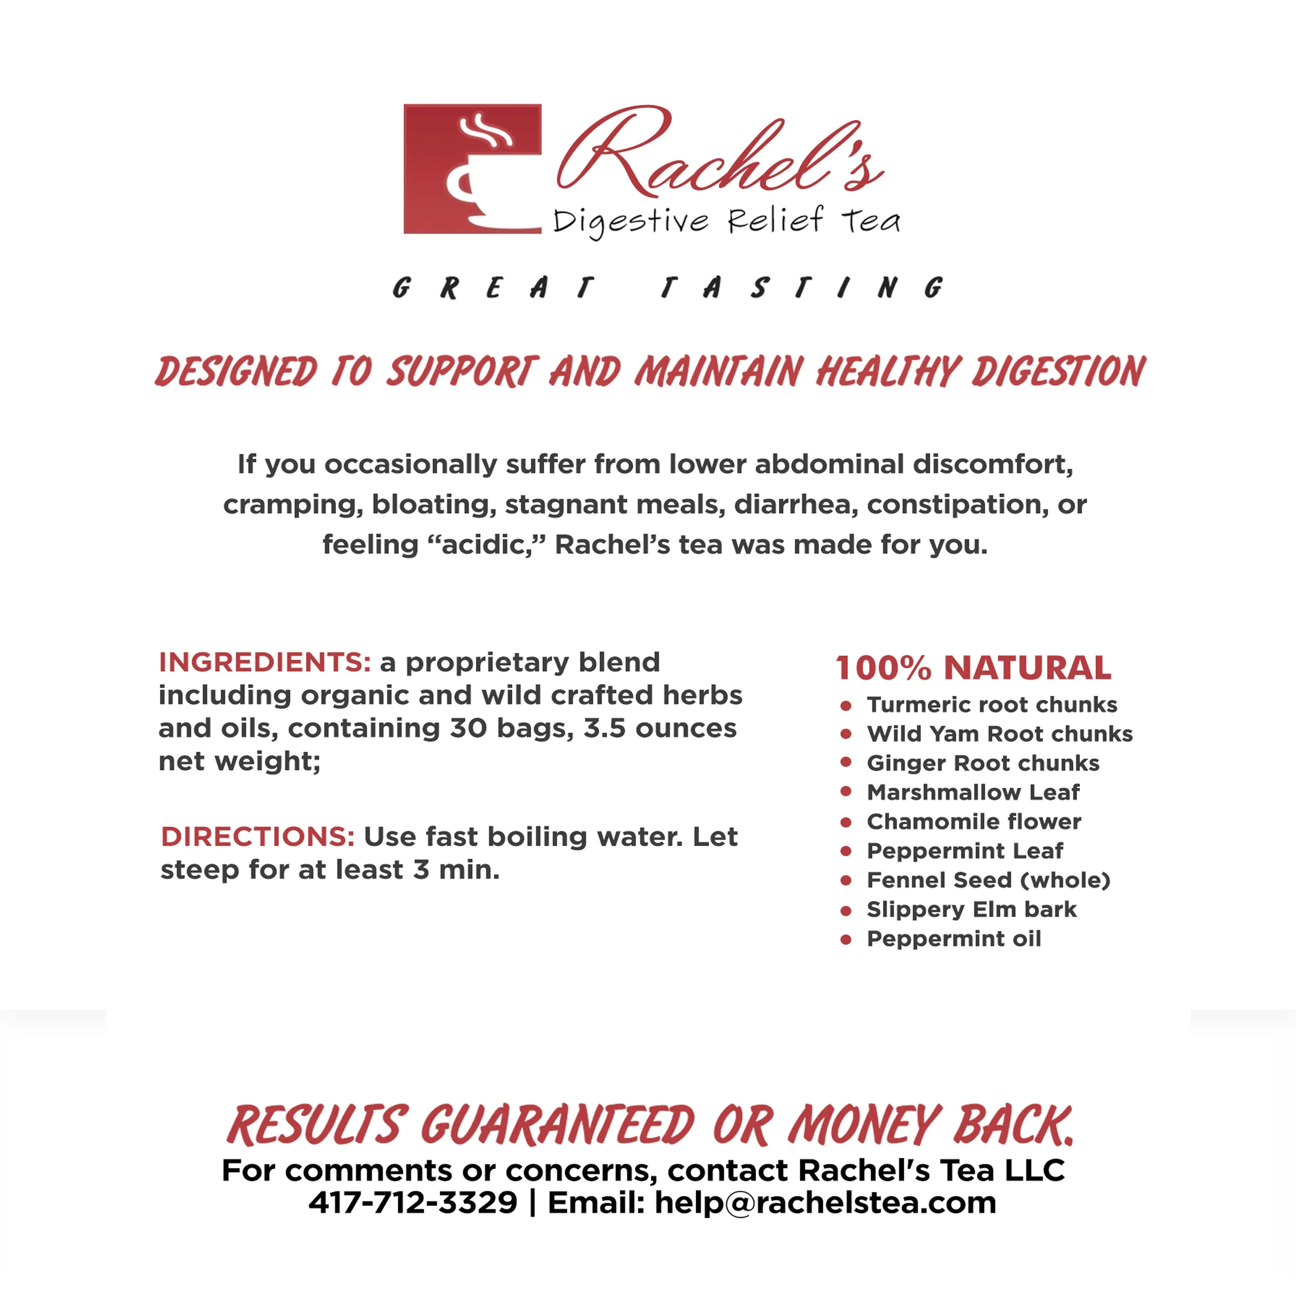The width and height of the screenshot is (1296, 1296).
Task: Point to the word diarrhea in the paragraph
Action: (x=795, y=505)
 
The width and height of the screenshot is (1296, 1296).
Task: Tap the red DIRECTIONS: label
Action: (x=258, y=837)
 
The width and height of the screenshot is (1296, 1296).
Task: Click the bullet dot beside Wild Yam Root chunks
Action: (x=846, y=734)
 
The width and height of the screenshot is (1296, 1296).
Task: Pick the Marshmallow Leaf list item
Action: (x=973, y=792)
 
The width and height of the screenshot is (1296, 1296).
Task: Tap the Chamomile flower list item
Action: (x=973, y=822)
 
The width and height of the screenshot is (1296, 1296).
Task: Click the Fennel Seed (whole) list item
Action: (x=988, y=880)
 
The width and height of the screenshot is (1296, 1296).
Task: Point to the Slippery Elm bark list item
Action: (x=971, y=910)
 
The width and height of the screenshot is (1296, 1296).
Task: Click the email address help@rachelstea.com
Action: (x=825, y=1203)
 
